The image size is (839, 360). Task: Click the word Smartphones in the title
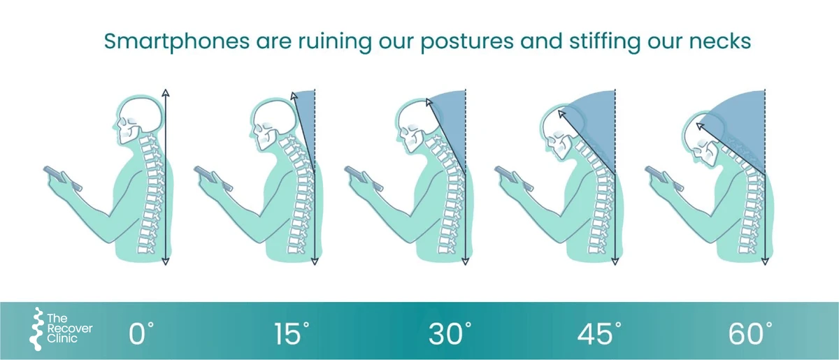177,41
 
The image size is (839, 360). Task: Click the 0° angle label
141,333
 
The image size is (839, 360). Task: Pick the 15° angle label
292,333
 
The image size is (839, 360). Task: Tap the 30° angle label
450,333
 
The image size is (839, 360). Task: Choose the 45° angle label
599,333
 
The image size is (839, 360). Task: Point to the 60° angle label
750,333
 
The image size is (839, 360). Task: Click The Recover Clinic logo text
69,329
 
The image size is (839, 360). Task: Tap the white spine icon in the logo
36,329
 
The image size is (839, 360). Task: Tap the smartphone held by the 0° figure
62,178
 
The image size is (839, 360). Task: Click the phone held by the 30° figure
363,178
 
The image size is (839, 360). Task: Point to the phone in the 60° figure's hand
664,178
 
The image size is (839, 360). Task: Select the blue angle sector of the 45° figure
596,127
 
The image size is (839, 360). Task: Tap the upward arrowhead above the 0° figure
166,92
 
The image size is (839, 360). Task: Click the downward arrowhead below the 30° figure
465,261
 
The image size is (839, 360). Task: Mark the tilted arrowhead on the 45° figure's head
561,113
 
